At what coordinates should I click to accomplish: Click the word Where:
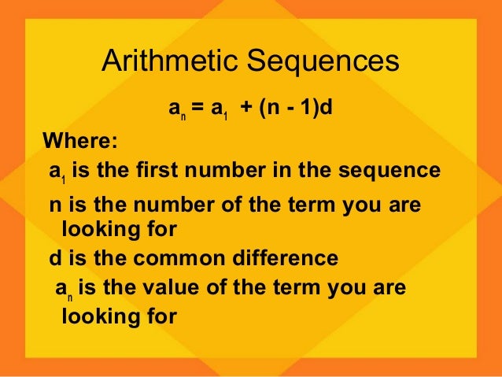point(80,142)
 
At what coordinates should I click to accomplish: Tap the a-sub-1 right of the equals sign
point(217,108)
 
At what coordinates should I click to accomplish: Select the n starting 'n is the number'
point(55,206)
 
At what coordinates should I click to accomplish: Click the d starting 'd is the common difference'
point(55,258)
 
